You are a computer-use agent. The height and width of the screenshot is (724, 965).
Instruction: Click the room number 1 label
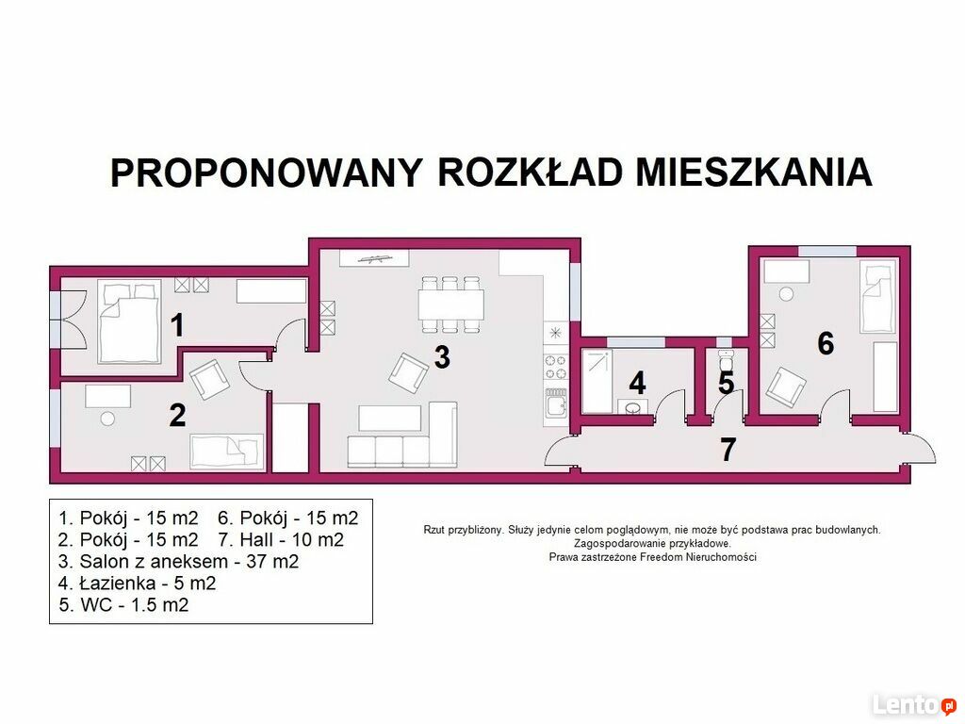coord(177,325)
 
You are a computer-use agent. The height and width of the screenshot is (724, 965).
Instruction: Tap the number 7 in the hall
coord(728,450)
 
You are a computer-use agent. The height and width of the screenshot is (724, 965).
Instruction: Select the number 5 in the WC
coord(727,383)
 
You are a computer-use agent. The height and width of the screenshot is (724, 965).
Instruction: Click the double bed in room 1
coord(129,322)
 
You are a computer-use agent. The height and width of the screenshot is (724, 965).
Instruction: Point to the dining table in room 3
coord(451,304)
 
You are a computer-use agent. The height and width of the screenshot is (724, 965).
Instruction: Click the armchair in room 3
coord(409,372)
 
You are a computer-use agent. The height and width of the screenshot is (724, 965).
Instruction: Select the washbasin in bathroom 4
coord(632,407)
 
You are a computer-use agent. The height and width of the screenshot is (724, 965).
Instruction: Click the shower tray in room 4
coord(597,381)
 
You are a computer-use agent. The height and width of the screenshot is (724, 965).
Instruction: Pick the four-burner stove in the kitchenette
coord(556,368)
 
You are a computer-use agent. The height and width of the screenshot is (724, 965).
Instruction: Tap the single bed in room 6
coord(877,297)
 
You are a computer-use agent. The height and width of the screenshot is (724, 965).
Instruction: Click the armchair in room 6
coord(786,387)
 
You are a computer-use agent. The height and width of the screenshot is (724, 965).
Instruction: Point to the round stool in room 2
coord(107,419)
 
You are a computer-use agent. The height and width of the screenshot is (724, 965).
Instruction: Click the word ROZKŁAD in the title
coord(530,172)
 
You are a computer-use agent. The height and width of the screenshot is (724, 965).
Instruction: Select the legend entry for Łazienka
coord(138,583)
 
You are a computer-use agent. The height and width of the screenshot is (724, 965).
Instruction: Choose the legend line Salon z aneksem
coord(178,562)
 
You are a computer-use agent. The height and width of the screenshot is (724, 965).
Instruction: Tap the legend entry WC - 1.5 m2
coord(123,604)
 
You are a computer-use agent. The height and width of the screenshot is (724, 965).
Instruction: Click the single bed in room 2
coord(227,452)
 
